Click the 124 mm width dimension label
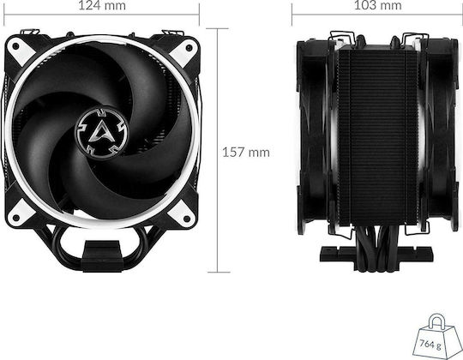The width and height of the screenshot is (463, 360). point(102,5)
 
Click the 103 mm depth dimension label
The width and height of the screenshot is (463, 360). point(377,5)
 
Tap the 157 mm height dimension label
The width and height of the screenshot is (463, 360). point(246,153)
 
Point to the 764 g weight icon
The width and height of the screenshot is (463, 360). point(437,337)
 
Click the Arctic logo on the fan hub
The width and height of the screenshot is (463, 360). point(102,133)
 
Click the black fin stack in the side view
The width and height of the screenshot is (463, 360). point(378,136)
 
